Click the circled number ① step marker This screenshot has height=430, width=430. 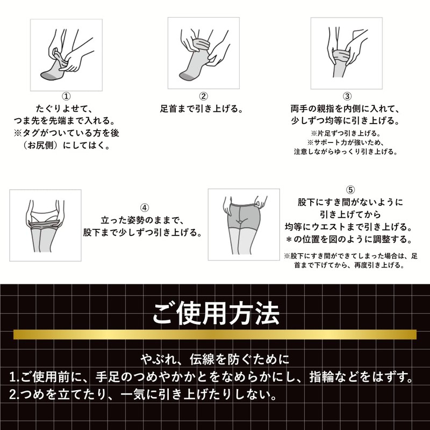(66, 96)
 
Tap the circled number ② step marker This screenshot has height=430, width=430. (203, 96)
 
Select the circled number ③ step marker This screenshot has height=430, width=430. (347, 96)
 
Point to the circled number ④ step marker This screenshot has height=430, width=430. (145, 207)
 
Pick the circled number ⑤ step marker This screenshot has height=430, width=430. (350, 190)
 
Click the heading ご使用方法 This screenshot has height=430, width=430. (216, 313)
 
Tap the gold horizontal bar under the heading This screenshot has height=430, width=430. (215, 334)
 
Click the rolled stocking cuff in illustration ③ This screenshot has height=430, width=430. (341, 55)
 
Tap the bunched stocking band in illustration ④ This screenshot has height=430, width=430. (45, 224)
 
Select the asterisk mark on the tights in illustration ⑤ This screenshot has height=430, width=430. (239, 221)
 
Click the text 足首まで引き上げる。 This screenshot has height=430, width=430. (202, 109)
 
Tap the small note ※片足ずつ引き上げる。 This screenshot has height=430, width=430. (346, 133)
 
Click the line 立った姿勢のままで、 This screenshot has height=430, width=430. (142, 220)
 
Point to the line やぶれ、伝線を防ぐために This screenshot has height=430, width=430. (216, 359)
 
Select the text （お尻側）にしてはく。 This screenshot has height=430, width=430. (66, 145)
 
